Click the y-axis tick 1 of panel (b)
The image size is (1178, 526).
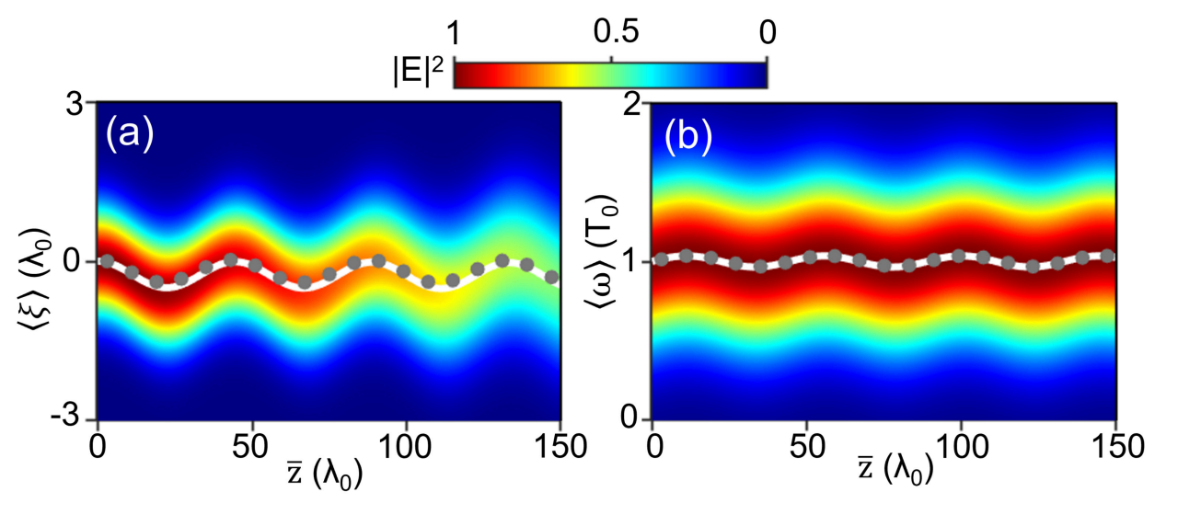coord(631,261)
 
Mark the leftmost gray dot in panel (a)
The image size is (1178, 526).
coord(107,261)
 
